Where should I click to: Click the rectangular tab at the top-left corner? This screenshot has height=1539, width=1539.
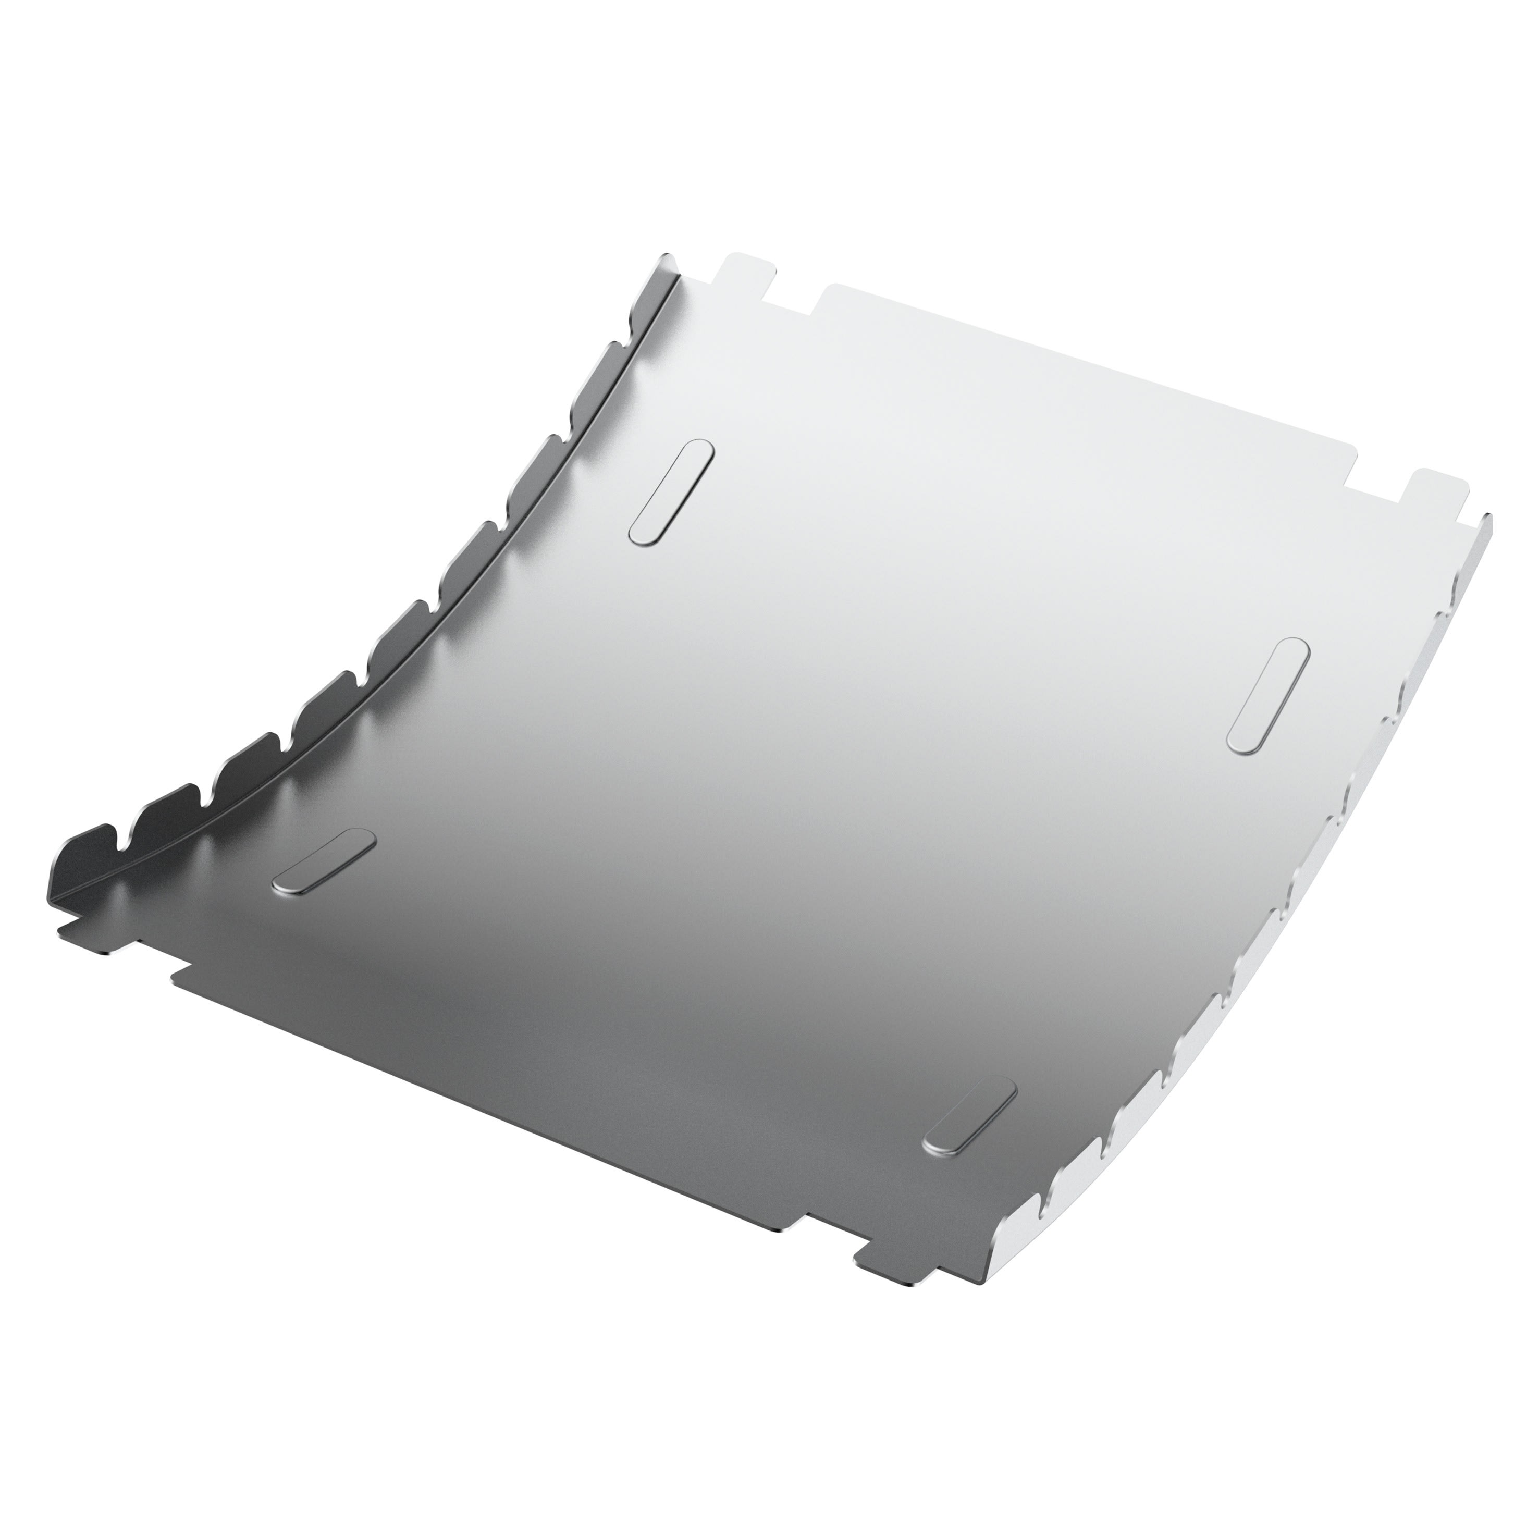click(x=746, y=275)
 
